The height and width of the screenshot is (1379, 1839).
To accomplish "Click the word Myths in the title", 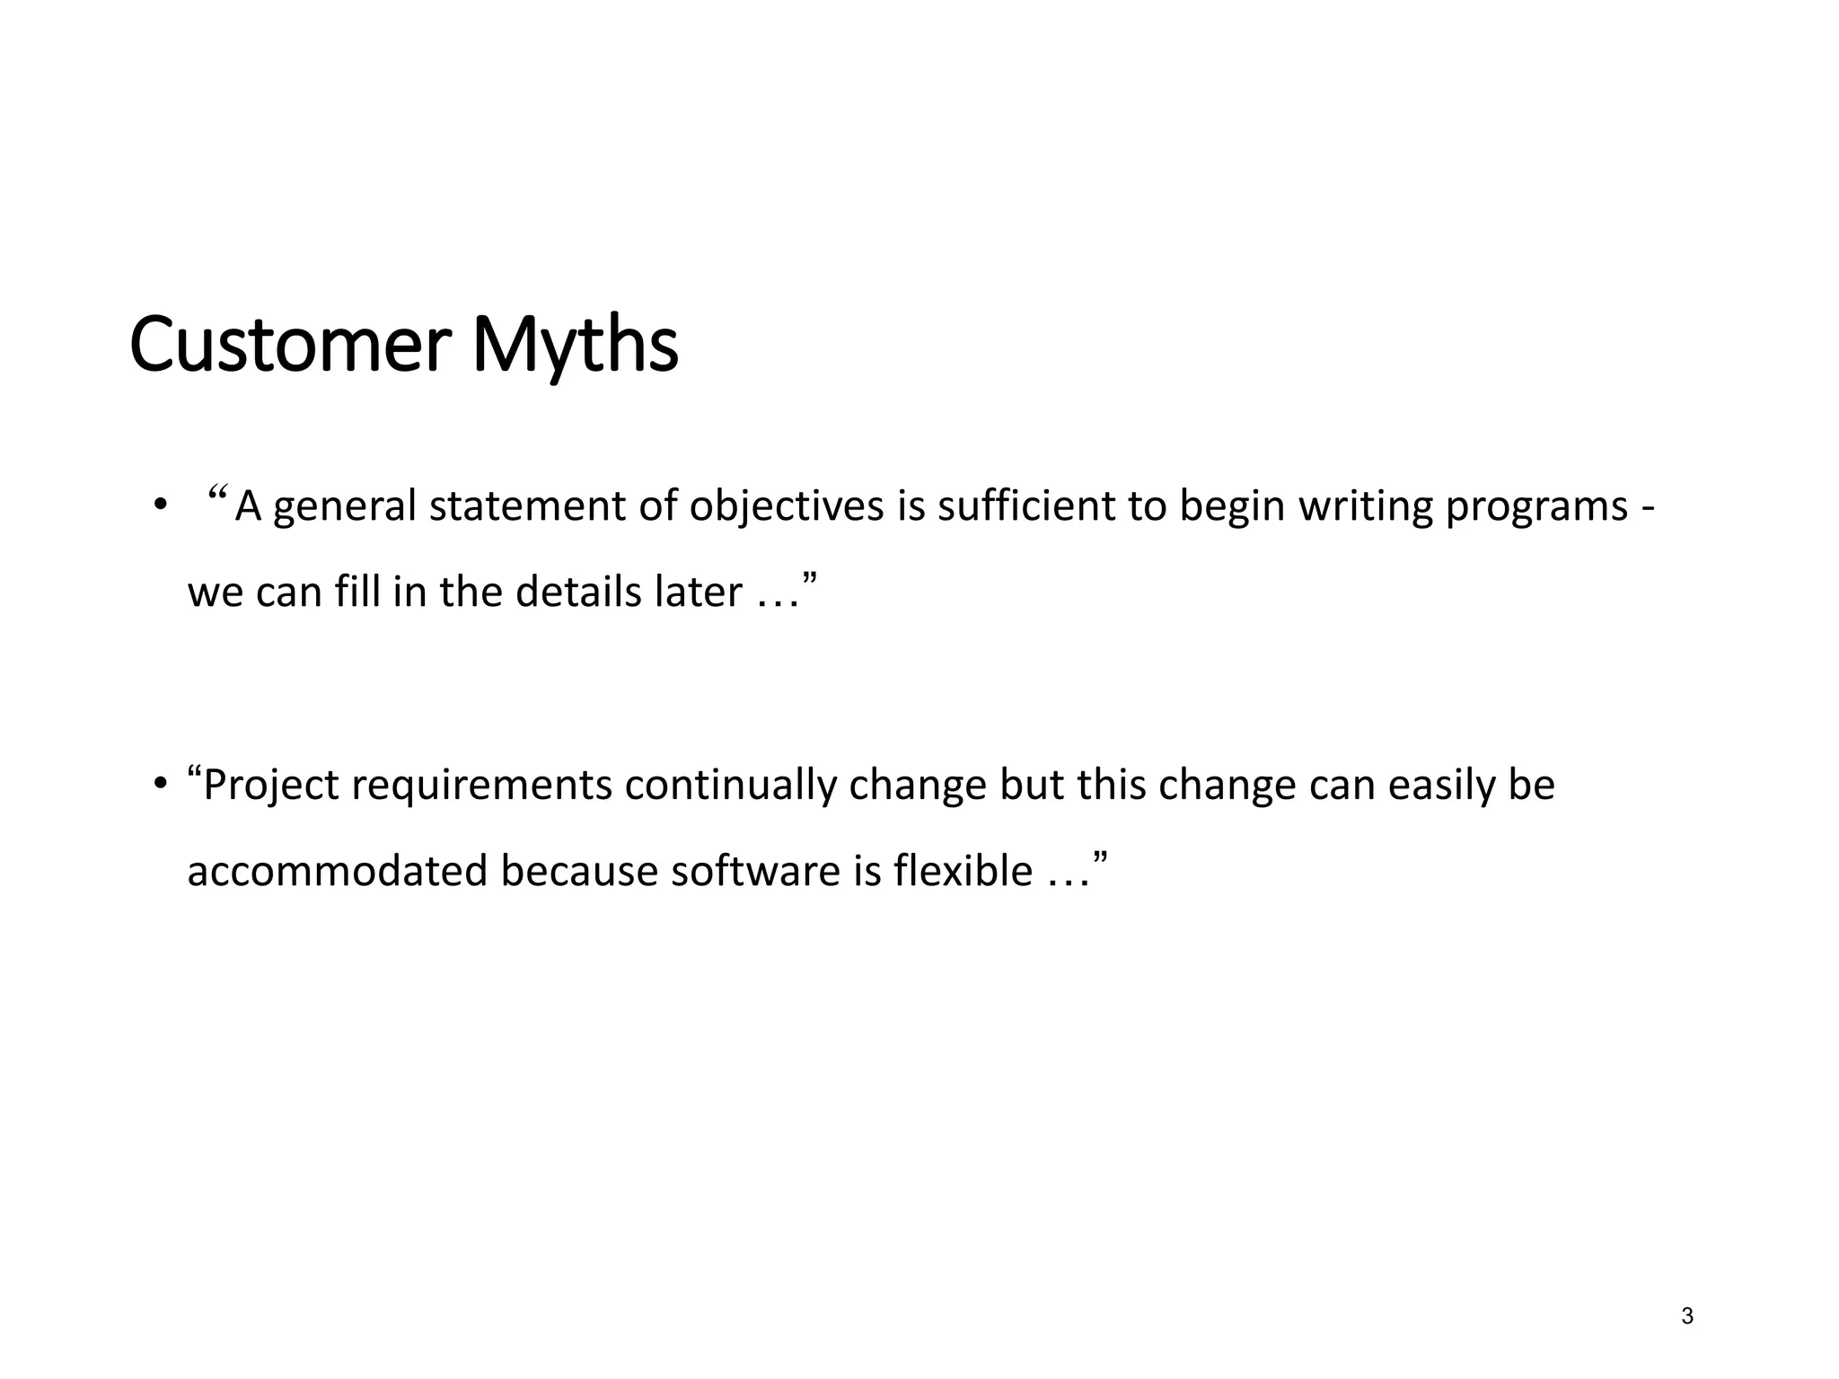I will pyautogui.click(x=575, y=346).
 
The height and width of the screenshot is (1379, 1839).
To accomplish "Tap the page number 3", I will pyautogui.click(x=1687, y=1316).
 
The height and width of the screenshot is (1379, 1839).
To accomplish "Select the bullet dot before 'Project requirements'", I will pyautogui.click(x=160, y=785).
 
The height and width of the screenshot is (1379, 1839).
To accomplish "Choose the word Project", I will pyautogui.click(x=271, y=786).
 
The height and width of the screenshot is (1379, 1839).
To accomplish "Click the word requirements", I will pyautogui.click(x=482, y=786).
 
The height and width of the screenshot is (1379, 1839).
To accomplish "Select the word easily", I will pyautogui.click(x=1440, y=786).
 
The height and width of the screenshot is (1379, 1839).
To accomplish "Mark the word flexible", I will pyautogui.click(x=963, y=871).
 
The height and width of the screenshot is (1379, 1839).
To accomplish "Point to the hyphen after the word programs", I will pyautogui.click(x=1648, y=509).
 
